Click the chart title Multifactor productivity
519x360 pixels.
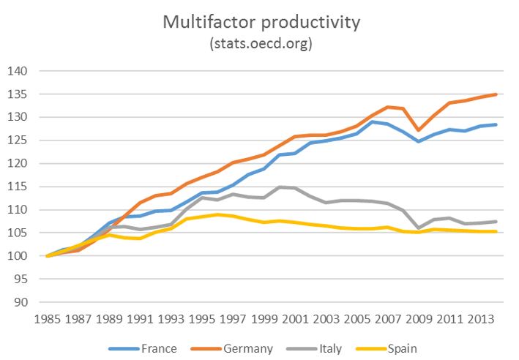pyautogui.click(x=262, y=22)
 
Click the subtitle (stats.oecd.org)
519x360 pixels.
pyautogui.click(x=262, y=44)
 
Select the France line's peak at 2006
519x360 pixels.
pyautogui.click(x=373, y=121)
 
